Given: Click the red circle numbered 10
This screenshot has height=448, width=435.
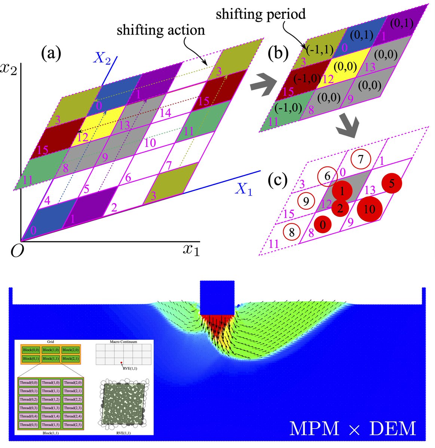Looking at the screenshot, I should coord(370,209).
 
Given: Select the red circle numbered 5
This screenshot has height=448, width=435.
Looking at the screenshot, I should coord(391,184).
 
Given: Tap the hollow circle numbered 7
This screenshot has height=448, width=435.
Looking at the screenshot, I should coord(360,160).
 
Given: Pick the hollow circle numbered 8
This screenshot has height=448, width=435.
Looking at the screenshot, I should coord(292,232).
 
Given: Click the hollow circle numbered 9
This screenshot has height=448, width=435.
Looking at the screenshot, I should coord(306,202).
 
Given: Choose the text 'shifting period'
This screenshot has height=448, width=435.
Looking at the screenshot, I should coord(261,15).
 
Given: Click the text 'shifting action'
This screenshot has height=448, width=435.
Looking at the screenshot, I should coord(161,30).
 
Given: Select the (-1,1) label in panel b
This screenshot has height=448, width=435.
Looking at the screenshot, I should coord(319,50).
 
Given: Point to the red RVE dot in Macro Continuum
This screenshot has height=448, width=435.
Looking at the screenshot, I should coord(122,363).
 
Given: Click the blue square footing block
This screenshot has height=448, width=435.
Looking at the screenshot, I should coord(217,298).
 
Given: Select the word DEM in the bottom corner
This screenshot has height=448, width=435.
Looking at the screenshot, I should coord(393,428).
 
